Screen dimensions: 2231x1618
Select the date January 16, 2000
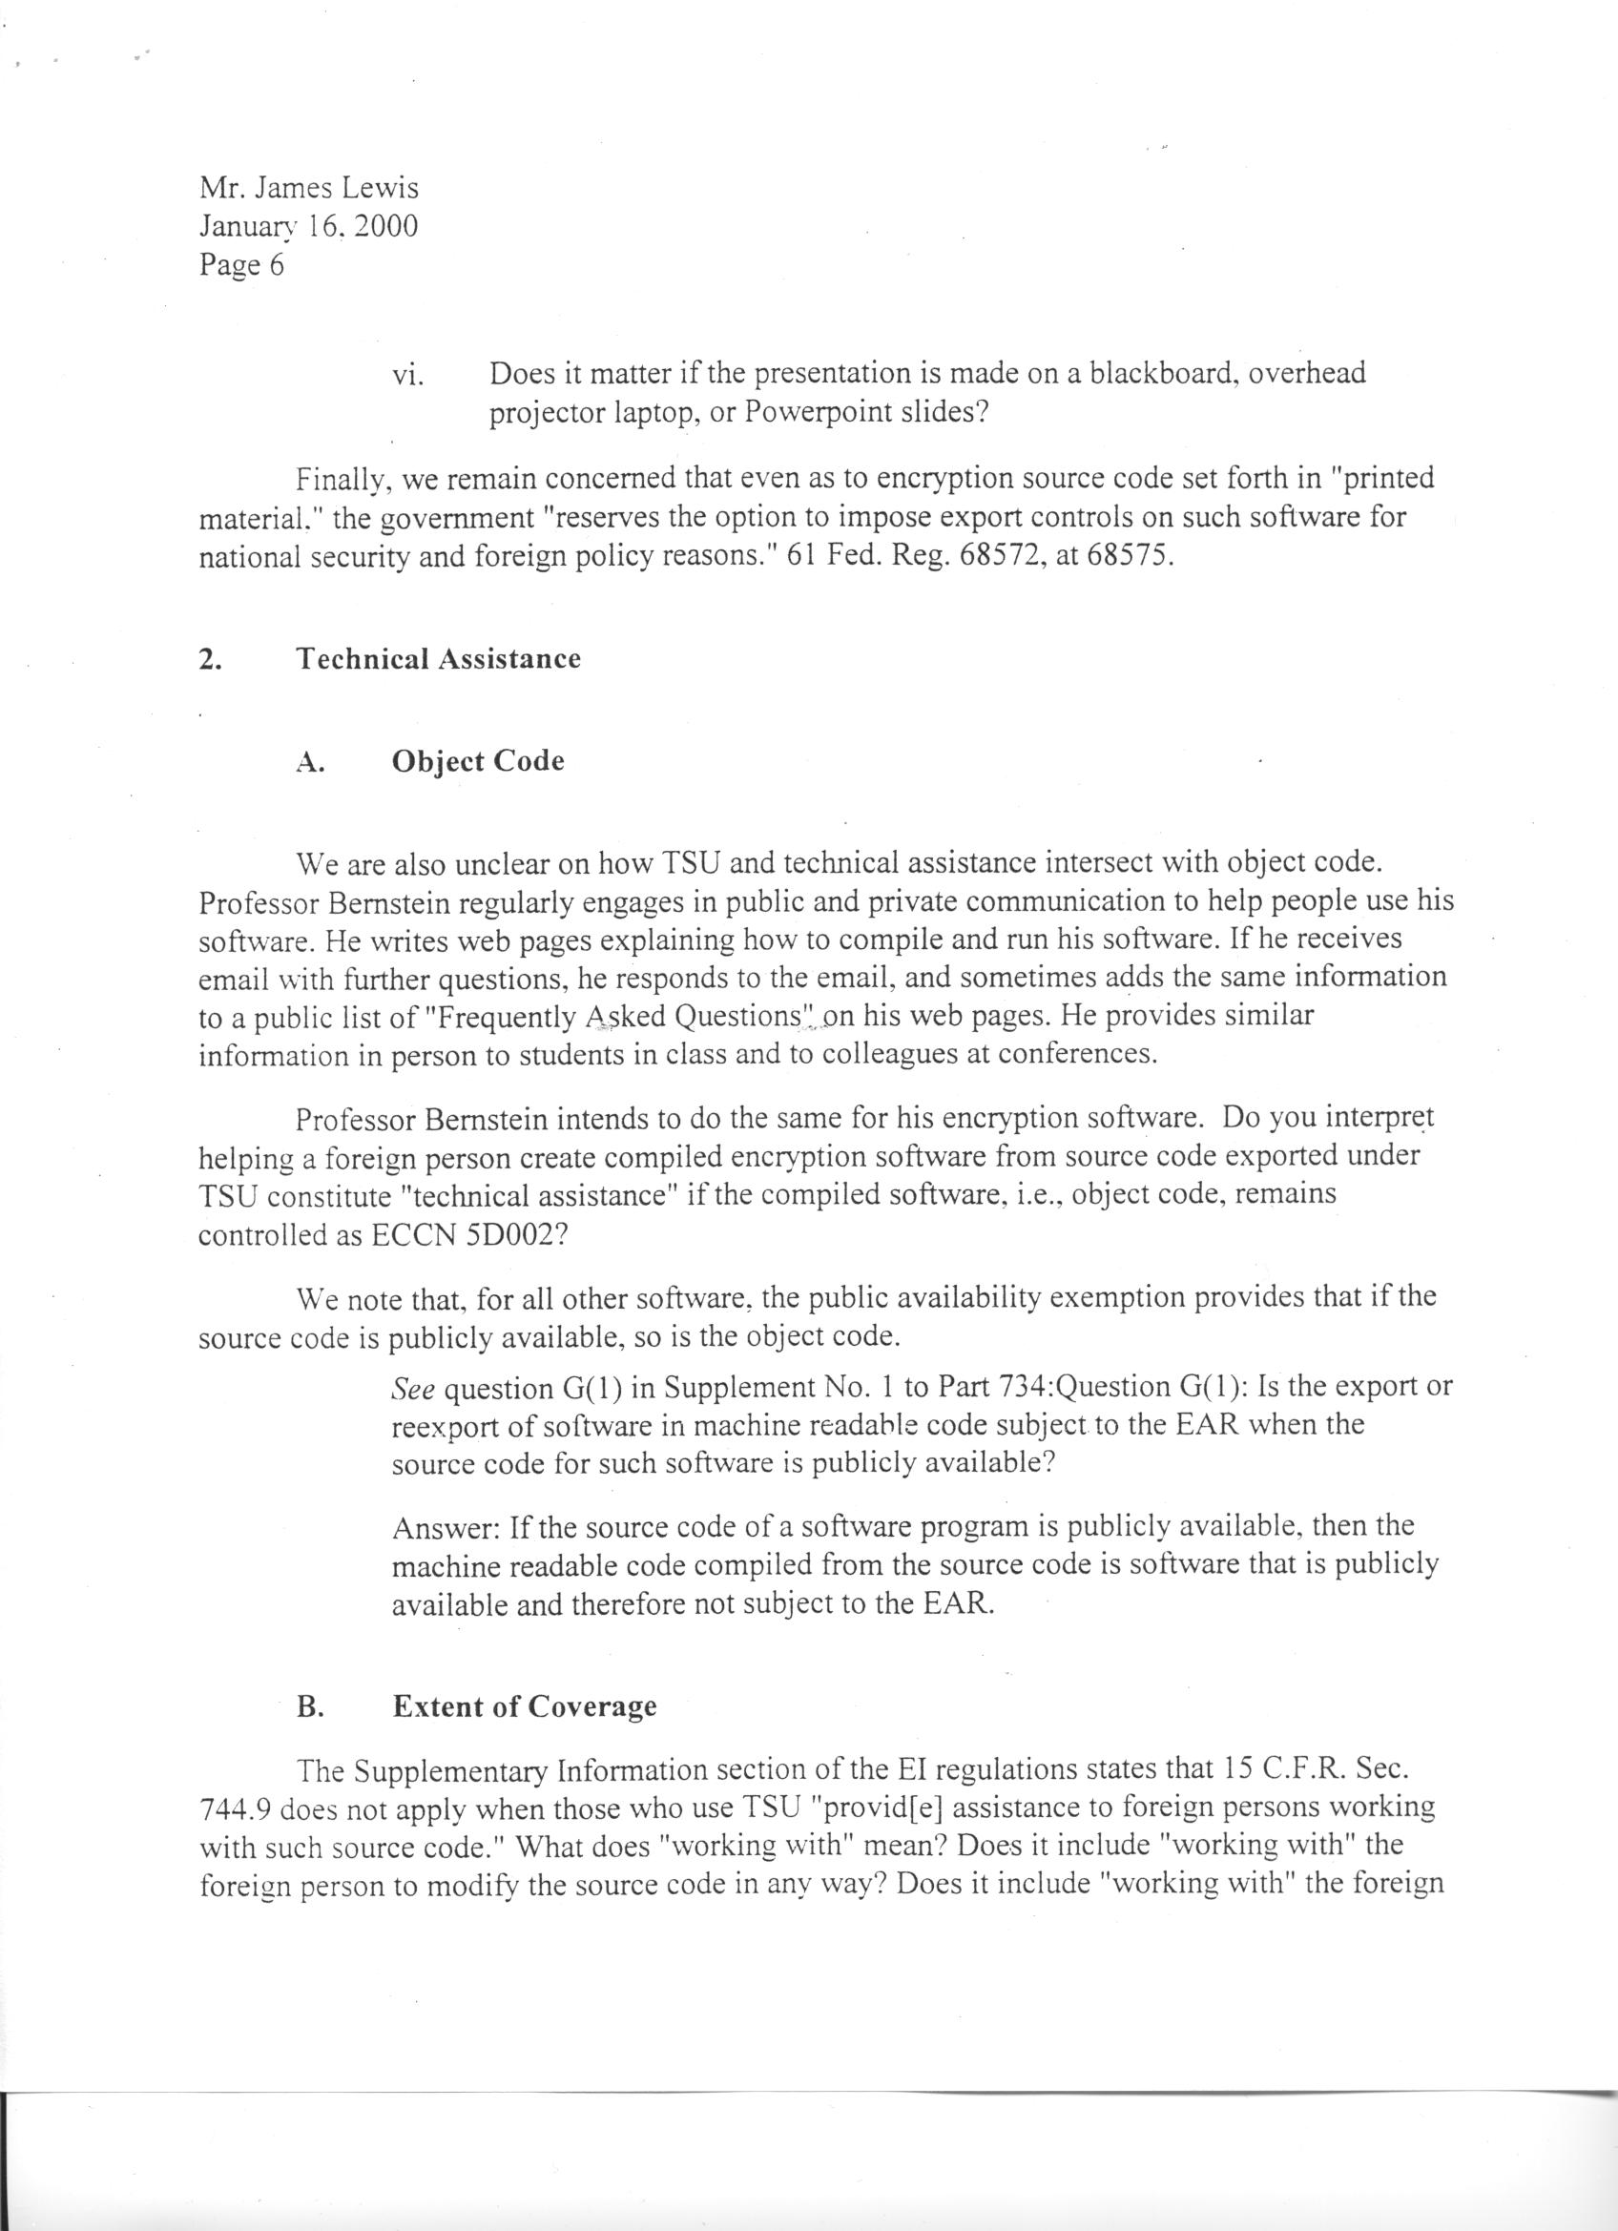point(308,226)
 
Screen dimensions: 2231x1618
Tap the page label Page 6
point(241,265)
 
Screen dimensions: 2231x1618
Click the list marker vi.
point(407,375)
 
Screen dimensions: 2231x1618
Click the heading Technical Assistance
point(439,658)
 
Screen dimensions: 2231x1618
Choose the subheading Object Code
point(478,761)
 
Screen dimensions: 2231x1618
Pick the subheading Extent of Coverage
point(525,1705)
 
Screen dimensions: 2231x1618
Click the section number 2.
point(208,659)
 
